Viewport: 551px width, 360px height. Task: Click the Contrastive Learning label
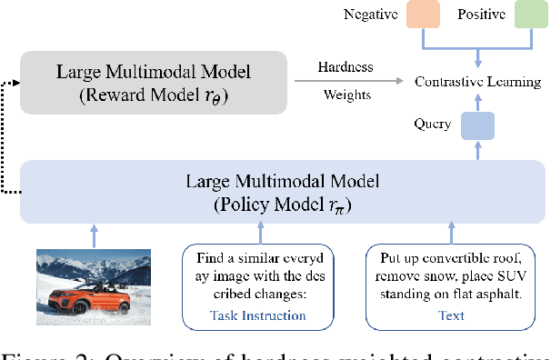click(477, 82)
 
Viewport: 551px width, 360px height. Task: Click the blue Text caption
click(451, 315)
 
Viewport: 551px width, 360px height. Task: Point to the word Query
click(431, 125)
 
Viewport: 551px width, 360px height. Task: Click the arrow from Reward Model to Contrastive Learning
click(351, 82)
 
